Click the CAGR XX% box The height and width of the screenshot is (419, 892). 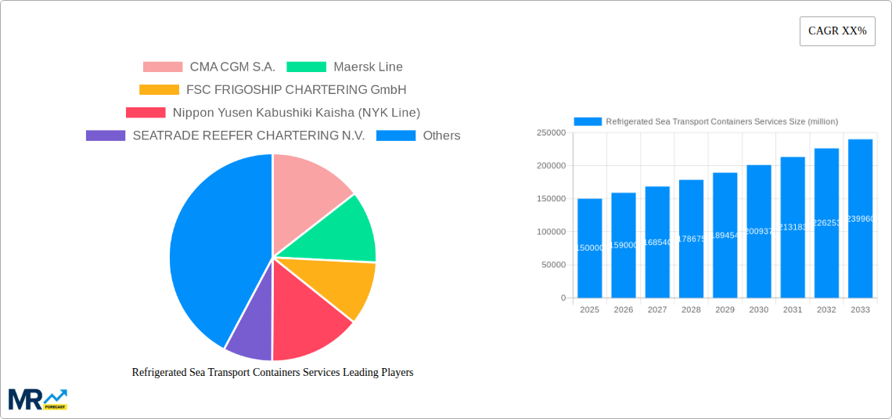tap(837, 31)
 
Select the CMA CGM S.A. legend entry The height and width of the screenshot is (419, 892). tap(209, 67)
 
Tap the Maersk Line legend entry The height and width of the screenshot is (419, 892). tap(344, 67)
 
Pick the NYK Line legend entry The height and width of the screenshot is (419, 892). tap(273, 113)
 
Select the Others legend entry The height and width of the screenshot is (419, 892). tap(418, 135)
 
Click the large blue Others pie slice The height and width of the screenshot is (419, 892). tap(211, 251)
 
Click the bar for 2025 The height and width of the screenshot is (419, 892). tap(589, 248)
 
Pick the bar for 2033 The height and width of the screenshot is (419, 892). tap(860, 219)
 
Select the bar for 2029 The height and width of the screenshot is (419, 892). tap(725, 235)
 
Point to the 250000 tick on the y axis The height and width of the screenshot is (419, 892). tap(551, 133)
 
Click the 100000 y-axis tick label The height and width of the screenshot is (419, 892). tap(551, 232)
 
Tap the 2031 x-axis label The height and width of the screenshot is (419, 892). tap(793, 310)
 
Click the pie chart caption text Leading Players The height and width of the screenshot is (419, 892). tap(272, 373)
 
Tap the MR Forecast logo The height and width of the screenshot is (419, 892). tap(38, 399)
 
